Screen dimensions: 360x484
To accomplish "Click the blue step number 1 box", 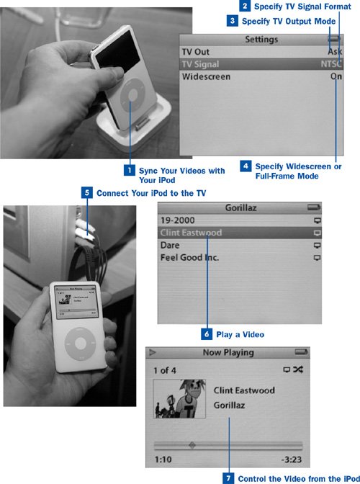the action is tap(130, 170).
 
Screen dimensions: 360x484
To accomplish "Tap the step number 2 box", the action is tap(245, 6).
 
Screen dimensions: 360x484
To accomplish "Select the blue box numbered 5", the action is tap(86, 192).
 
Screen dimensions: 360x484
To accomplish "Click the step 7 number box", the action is tap(228, 478).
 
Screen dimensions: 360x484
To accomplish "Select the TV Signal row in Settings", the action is tap(261, 64).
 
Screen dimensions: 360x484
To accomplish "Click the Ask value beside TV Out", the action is tap(335, 52).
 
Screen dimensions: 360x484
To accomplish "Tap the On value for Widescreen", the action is tap(336, 76).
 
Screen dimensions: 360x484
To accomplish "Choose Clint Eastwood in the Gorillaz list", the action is tap(191, 233).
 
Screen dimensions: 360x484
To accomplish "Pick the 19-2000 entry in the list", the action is tap(177, 220).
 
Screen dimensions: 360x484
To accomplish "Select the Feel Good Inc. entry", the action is tap(189, 257).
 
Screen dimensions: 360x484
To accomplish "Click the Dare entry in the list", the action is tap(170, 245).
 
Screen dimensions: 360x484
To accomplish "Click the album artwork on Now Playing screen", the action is tap(179, 399).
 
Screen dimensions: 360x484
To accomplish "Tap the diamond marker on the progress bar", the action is tap(192, 445).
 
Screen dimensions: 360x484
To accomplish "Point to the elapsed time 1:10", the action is tap(163, 460).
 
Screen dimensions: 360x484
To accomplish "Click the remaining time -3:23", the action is tap(291, 460).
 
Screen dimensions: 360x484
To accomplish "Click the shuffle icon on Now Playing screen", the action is tap(297, 369).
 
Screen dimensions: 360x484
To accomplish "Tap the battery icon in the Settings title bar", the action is tap(334, 39).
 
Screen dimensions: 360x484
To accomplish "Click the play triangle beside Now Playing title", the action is tap(152, 352).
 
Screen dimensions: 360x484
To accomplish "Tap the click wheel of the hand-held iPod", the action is tap(81, 343).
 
